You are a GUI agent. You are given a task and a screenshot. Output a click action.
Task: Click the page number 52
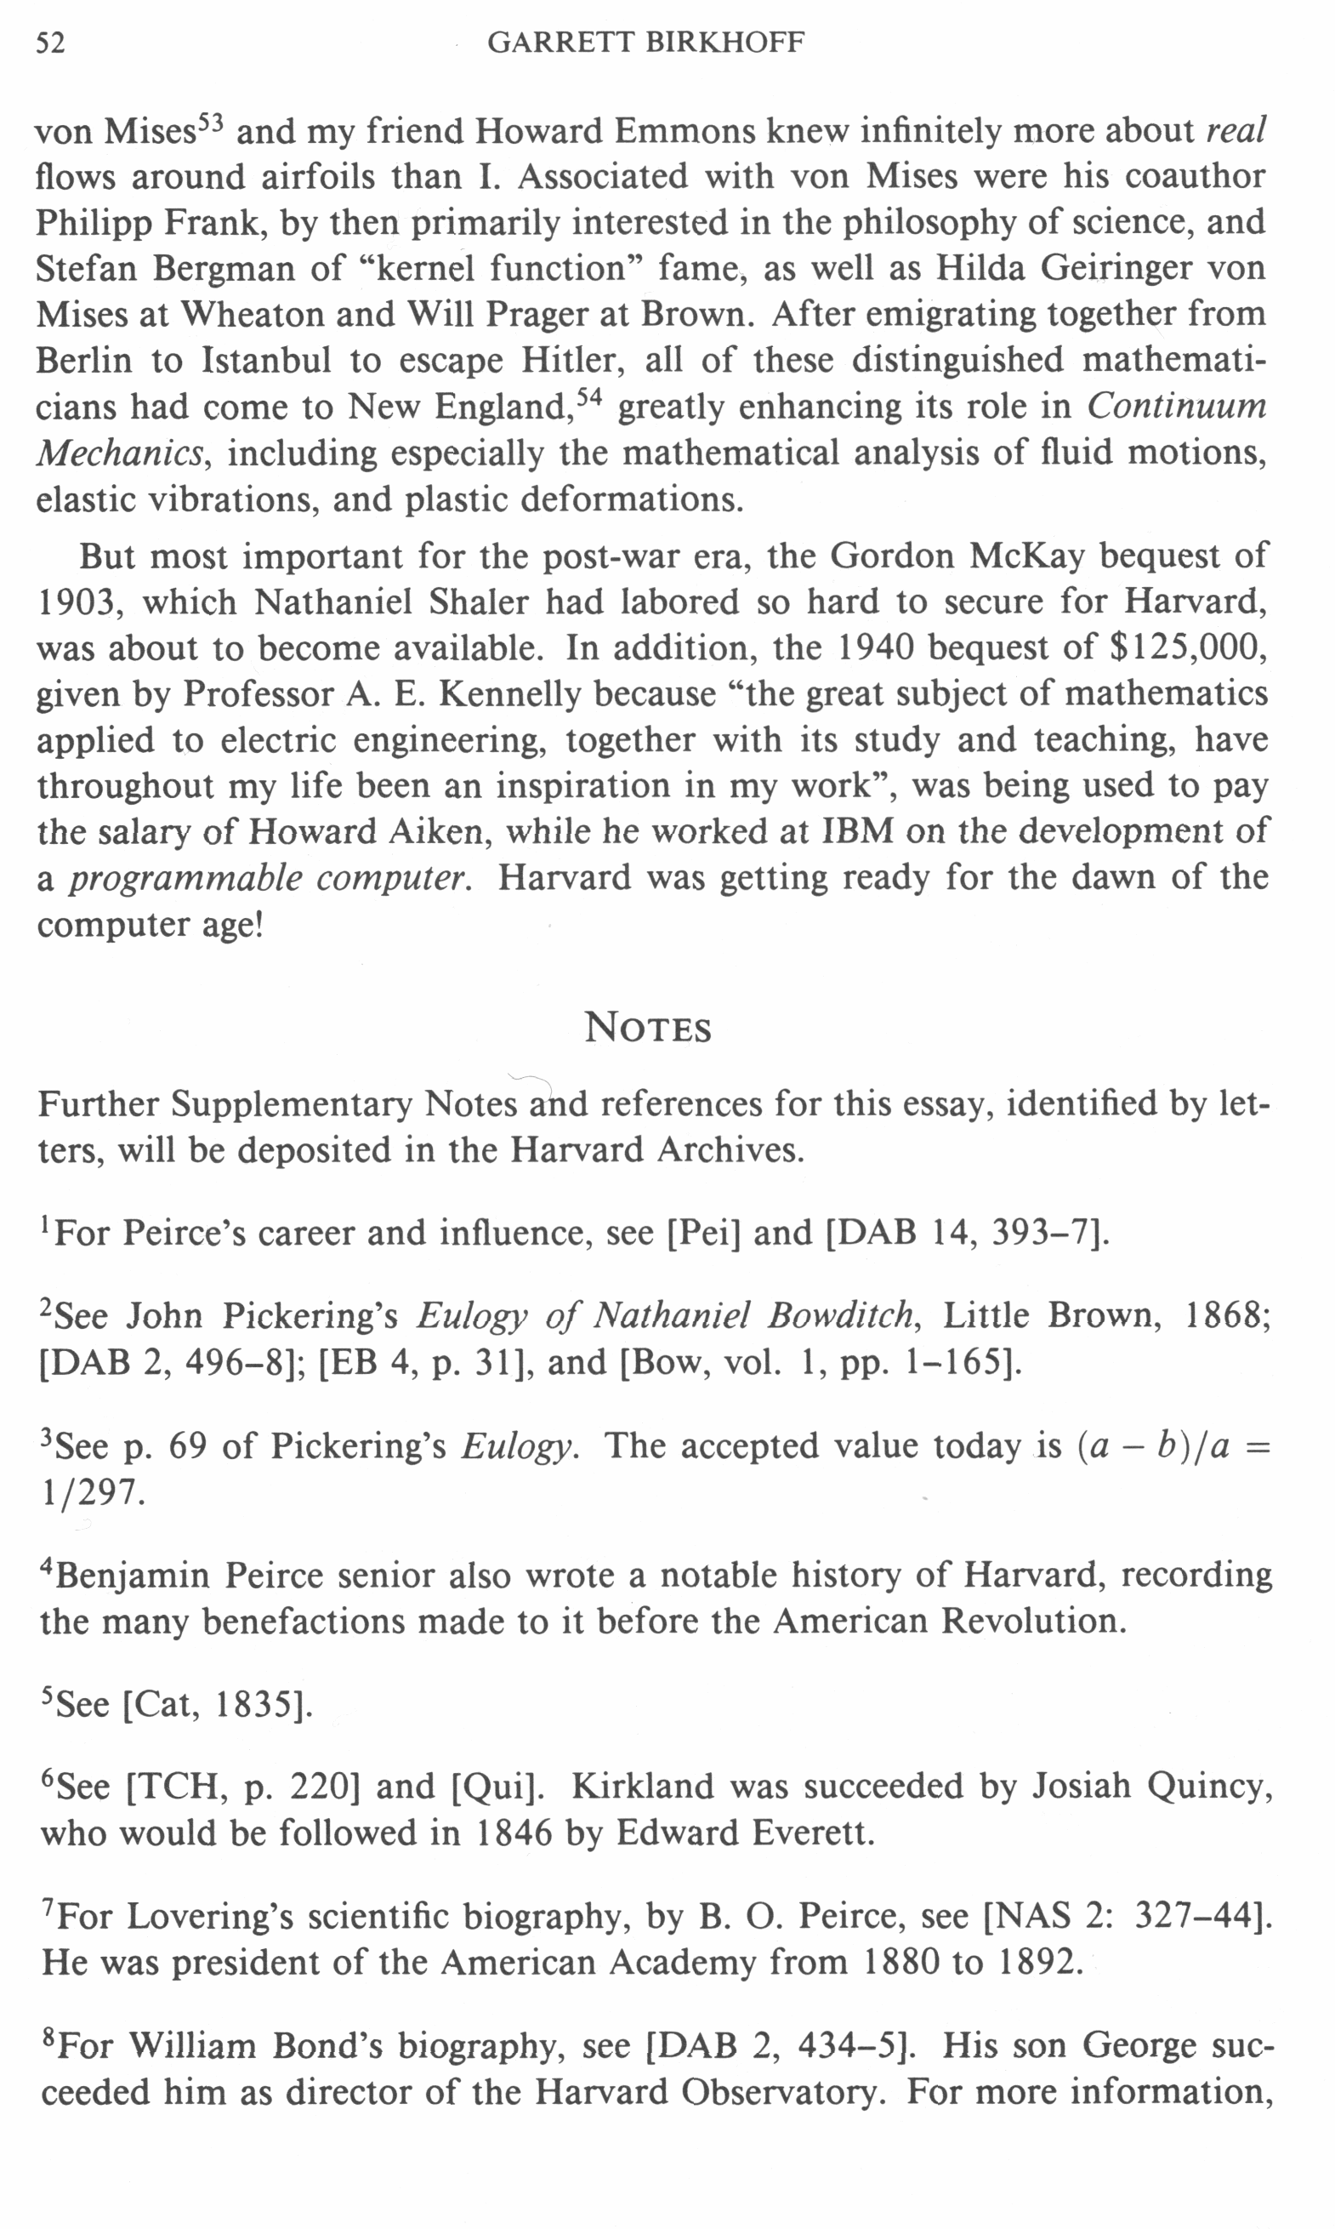pos(50,43)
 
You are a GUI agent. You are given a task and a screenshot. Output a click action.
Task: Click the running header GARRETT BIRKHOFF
pos(645,43)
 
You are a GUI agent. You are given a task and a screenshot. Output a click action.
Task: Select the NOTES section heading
pos(648,1028)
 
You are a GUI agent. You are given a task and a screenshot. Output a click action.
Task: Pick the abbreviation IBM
pos(858,830)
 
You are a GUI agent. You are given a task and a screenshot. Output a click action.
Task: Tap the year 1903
pos(77,602)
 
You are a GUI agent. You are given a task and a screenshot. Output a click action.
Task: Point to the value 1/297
pos(92,1493)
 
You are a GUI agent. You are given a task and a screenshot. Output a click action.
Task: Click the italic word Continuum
pos(1177,406)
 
